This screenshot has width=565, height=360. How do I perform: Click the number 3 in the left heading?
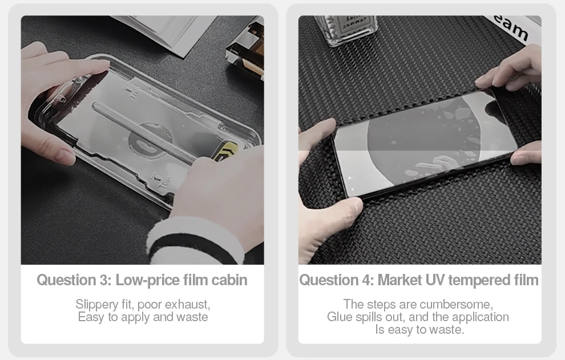click(104, 280)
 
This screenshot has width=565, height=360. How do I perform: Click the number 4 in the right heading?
click(368, 280)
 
